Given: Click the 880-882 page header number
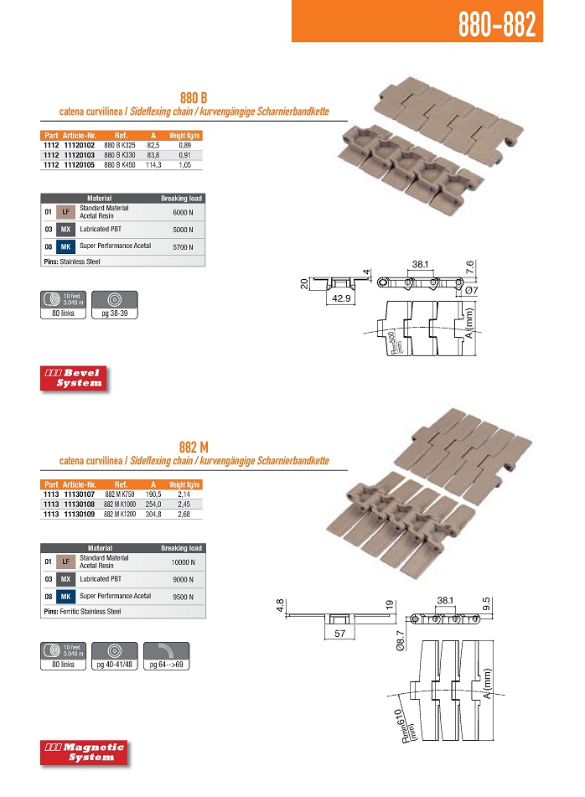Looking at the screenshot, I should click(x=496, y=23).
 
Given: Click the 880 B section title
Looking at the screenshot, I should click(x=194, y=97).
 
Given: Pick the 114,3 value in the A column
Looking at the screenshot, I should click(x=153, y=165).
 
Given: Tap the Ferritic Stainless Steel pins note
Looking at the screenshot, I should click(x=82, y=612).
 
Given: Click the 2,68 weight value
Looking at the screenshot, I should click(x=184, y=515).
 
